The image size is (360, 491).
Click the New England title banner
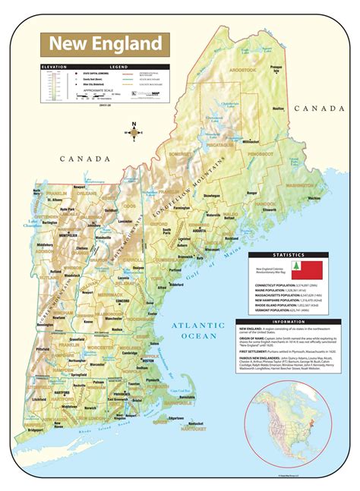[x=106, y=42]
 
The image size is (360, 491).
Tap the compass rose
[x=134, y=131]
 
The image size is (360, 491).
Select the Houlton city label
[x=278, y=109]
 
